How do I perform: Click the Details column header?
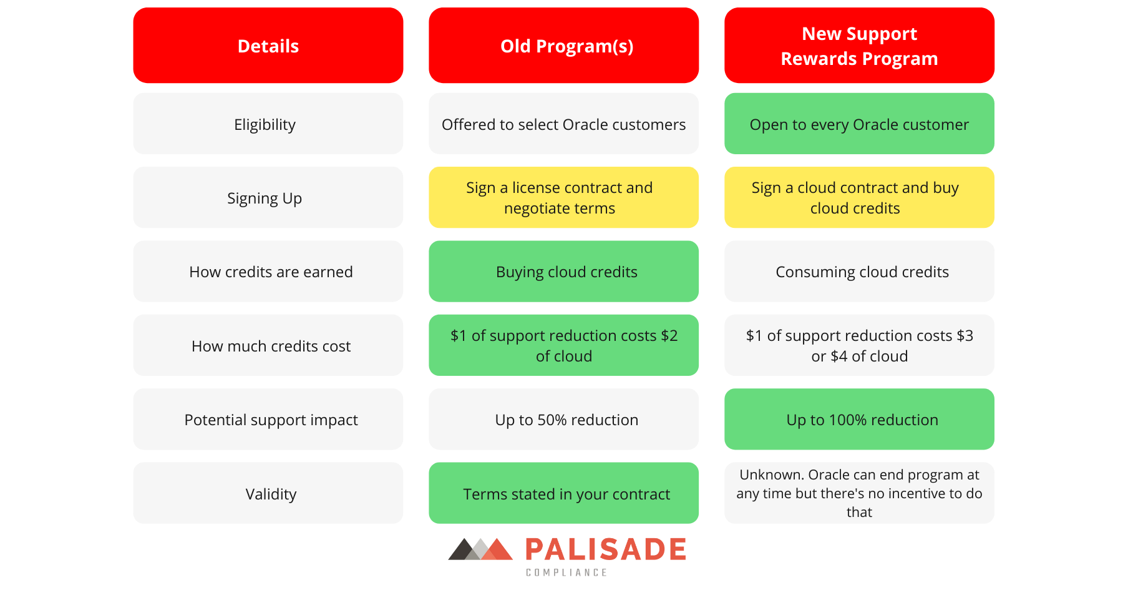pyautogui.click(x=268, y=46)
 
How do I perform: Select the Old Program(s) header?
pyautogui.click(x=563, y=46)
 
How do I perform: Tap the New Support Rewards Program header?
pyautogui.click(x=859, y=46)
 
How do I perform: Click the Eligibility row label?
pyautogui.click(x=268, y=124)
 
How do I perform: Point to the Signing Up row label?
pyautogui.click(x=268, y=197)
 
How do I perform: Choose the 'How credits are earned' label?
pyautogui.click(x=268, y=272)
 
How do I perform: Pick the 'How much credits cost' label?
pyautogui.click(x=268, y=345)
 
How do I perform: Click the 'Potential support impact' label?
pyautogui.click(x=268, y=420)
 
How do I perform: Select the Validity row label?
pyautogui.click(x=268, y=493)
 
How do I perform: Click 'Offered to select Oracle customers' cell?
pyautogui.click(x=563, y=124)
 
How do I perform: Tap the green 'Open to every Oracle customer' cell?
pyautogui.click(x=859, y=124)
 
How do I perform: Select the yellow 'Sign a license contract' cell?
pyautogui.click(x=563, y=197)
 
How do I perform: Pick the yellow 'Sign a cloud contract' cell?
pyautogui.click(x=859, y=197)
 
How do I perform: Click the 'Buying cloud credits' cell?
pyautogui.click(x=563, y=272)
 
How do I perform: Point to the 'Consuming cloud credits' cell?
pyautogui.click(x=859, y=272)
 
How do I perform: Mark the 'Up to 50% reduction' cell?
pyautogui.click(x=563, y=420)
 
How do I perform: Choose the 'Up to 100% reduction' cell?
pyautogui.click(x=859, y=420)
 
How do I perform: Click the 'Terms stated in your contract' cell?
pyautogui.click(x=563, y=493)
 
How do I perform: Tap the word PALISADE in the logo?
pyautogui.click(x=606, y=549)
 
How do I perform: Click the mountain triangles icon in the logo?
pyautogui.click(x=480, y=549)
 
